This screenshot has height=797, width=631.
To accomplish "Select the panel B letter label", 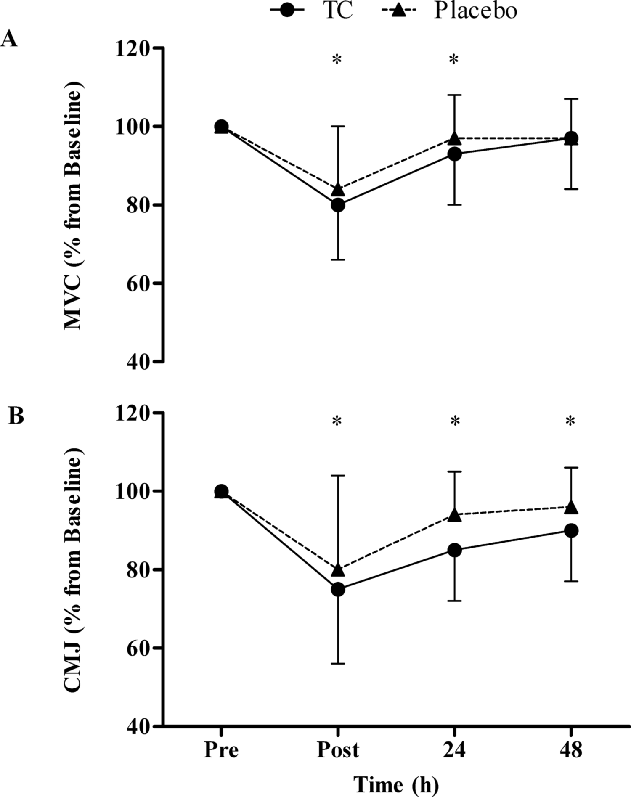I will pos(16,416).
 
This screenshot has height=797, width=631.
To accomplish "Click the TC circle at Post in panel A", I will pos(338,205).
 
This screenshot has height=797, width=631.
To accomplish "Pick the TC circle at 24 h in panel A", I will pos(454,154).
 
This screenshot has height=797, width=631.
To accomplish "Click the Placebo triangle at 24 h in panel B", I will pos(454,515).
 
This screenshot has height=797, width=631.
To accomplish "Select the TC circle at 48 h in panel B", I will pos(571,531).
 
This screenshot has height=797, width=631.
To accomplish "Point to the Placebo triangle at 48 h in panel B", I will pos(571,507).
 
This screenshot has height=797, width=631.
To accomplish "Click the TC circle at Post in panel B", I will pos(338,590).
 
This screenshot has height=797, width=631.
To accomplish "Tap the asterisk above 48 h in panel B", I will pos(570,421).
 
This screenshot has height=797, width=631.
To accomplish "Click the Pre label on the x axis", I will pos(221,749).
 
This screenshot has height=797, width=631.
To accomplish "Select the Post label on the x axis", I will pos(338,749).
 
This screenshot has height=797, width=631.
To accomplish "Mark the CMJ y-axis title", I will pos(73,570).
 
